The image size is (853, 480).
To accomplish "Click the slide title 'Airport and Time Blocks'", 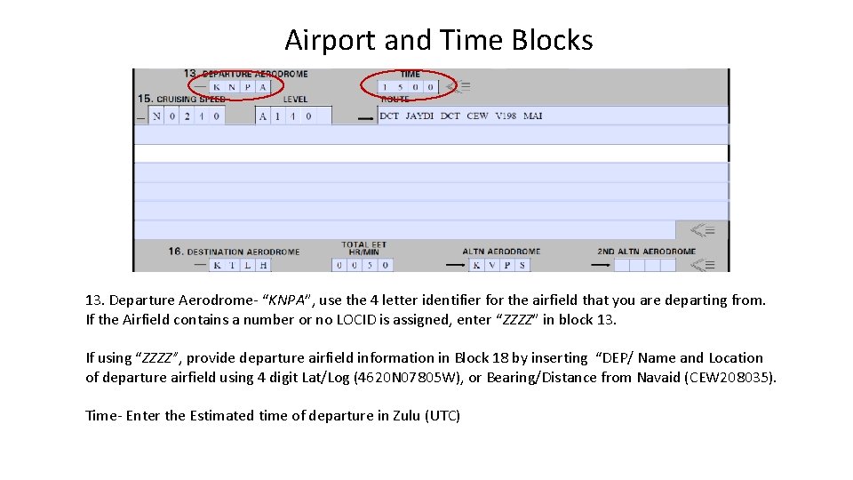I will pyautogui.click(x=439, y=40).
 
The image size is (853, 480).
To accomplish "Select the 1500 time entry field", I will pyautogui.click(x=407, y=87).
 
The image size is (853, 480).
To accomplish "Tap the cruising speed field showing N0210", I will pyautogui.click(x=186, y=116).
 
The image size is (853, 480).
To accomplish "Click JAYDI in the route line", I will pyautogui.click(x=419, y=116).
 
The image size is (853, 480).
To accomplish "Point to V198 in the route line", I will pyautogui.click(x=506, y=116).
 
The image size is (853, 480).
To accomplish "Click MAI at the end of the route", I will pyautogui.click(x=533, y=116).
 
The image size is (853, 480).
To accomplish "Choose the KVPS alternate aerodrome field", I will pyautogui.click(x=498, y=265).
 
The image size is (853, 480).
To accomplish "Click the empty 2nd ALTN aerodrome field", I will pyautogui.click(x=645, y=265).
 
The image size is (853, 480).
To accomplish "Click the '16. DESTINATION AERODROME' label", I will pyautogui.click(x=234, y=252).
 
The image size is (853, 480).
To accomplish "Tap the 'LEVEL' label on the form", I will pyautogui.click(x=295, y=100).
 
